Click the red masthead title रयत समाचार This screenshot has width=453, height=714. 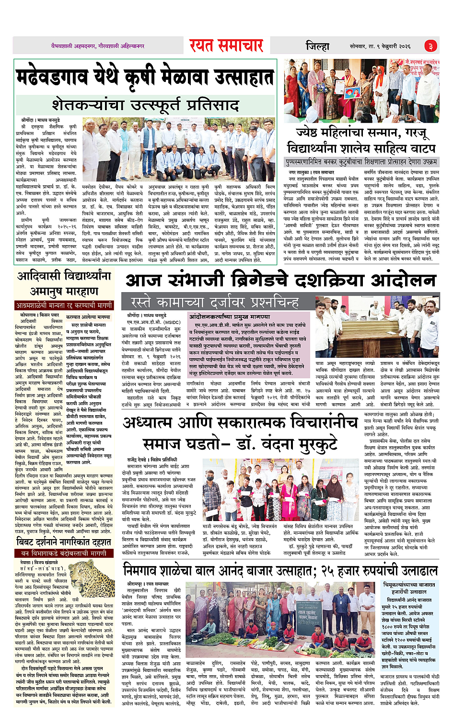226,46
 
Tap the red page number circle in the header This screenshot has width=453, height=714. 430,46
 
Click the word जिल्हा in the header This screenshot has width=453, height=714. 317,46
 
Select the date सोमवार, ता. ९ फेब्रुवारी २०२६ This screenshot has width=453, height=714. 380,46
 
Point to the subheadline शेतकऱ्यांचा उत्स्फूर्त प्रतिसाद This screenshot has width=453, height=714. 145,104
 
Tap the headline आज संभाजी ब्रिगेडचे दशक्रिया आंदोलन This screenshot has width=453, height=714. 280,281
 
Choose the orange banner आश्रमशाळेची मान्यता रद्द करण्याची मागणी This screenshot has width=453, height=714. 64,305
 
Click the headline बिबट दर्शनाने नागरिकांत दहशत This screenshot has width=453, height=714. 64,542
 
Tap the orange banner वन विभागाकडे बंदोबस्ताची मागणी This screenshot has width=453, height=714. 64,553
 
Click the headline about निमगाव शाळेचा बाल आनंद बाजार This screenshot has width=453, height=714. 280,570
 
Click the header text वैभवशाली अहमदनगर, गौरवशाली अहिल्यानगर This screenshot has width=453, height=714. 98,46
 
